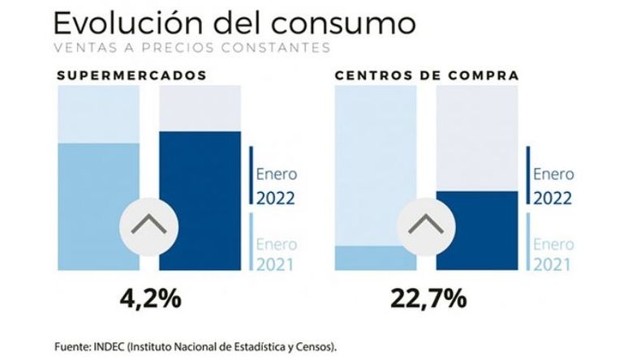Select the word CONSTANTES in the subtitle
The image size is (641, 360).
tap(276, 48)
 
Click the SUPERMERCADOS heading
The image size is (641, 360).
tap(131, 75)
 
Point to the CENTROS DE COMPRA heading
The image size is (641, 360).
tap(427, 75)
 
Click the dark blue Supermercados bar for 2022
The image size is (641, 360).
tap(200, 200)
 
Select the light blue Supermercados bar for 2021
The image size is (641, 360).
tap(98, 207)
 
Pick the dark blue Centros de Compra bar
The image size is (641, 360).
tap(477, 230)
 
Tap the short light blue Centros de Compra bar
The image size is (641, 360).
tap(376, 258)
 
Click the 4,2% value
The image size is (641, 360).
tap(150, 298)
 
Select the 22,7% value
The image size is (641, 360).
tap(428, 298)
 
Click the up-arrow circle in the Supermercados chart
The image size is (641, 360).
tap(148, 227)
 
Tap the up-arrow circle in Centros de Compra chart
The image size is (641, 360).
tap(426, 227)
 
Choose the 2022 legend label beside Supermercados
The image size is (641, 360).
tap(276, 199)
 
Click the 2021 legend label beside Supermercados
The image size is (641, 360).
tap(275, 265)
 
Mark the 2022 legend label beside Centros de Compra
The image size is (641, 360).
tap(553, 199)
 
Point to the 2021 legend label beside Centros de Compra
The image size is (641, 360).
tap(552, 265)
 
